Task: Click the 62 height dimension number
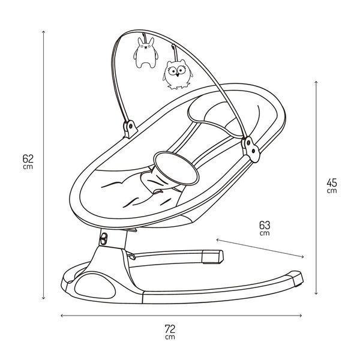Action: point(28,158)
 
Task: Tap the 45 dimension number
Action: point(332,183)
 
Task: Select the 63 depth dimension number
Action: point(265,225)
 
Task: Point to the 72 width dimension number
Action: point(170,329)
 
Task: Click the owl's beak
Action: point(177,74)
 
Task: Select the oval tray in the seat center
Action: point(176,168)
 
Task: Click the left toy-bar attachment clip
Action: point(130,129)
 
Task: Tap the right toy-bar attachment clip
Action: point(251,149)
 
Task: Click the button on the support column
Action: point(104,239)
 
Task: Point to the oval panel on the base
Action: point(95,284)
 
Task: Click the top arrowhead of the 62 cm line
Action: point(43,32)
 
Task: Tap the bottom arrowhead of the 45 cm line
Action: point(316,293)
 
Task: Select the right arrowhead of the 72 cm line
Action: point(301,316)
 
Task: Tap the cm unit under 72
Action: point(170,337)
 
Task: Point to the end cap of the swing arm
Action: point(212,257)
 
